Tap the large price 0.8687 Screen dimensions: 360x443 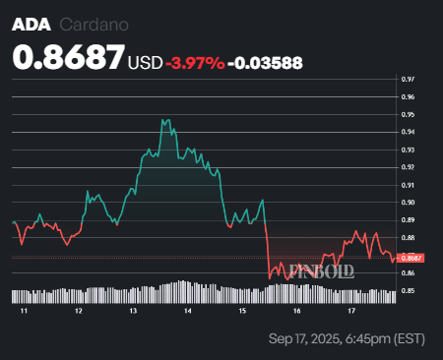(68, 58)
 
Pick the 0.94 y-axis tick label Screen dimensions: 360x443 (408, 132)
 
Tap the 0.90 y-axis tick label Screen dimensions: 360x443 (408, 203)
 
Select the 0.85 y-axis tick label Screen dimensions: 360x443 (408, 291)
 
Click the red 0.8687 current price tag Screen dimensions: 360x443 (410, 258)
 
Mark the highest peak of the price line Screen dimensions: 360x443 (163, 120)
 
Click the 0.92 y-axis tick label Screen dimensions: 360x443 (408, 167)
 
